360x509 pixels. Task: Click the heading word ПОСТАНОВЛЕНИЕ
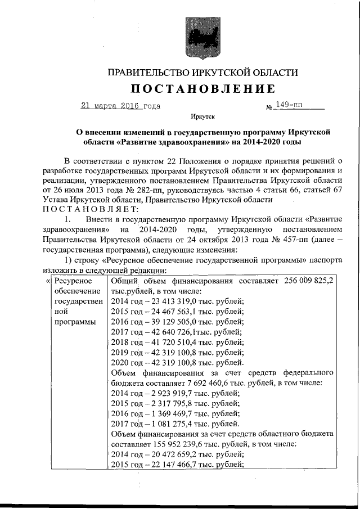(203, 89)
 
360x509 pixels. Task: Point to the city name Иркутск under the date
(203, 118)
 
